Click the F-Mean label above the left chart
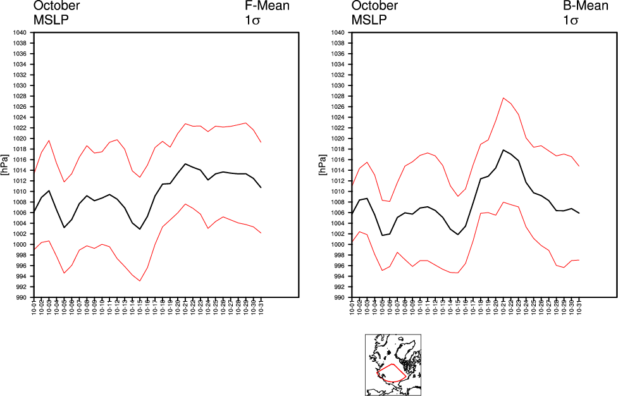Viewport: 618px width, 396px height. (x=267, y=6)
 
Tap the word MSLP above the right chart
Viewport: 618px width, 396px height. (x=369, y=20)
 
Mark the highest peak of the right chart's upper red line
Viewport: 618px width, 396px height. (x=503, y=97)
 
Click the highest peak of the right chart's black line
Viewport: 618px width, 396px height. (x=503, y=150)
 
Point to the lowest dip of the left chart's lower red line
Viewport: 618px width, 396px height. (x=140, y=281)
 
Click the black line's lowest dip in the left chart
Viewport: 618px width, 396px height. (x=140, y=229)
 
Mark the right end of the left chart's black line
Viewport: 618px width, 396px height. (x=261, y=187)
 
